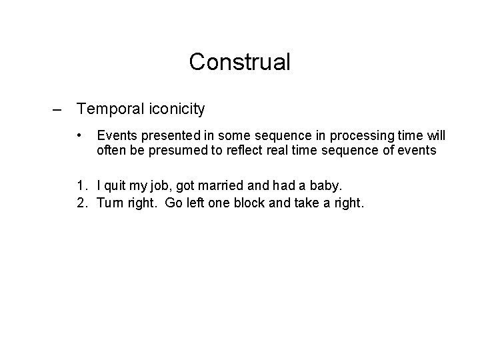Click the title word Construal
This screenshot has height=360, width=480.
point(240,62)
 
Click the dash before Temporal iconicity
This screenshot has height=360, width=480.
point(58,108)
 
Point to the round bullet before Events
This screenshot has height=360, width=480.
point(81,135)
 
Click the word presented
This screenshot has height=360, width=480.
point(162,136)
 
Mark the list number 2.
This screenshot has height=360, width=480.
point(81,203)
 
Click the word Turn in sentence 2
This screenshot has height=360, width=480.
point(111,203)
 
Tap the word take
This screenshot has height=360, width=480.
point(302,203)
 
